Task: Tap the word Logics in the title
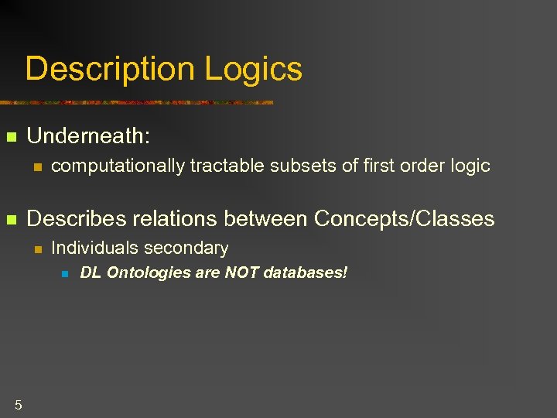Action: click(x=253, y=70)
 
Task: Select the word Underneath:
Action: click(x=88, y=136)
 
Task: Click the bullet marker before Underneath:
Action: click(x=11, y=138)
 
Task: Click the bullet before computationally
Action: click(x=36, y=166)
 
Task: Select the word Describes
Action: click(x=77, y=219)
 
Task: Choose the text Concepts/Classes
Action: click(x=404, y=219)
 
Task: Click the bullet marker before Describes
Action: click(x=11, y=221)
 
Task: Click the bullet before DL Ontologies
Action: click(x=66, y=274)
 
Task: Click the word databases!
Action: click(x=306, y=273)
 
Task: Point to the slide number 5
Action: click(x=18, y=404)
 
